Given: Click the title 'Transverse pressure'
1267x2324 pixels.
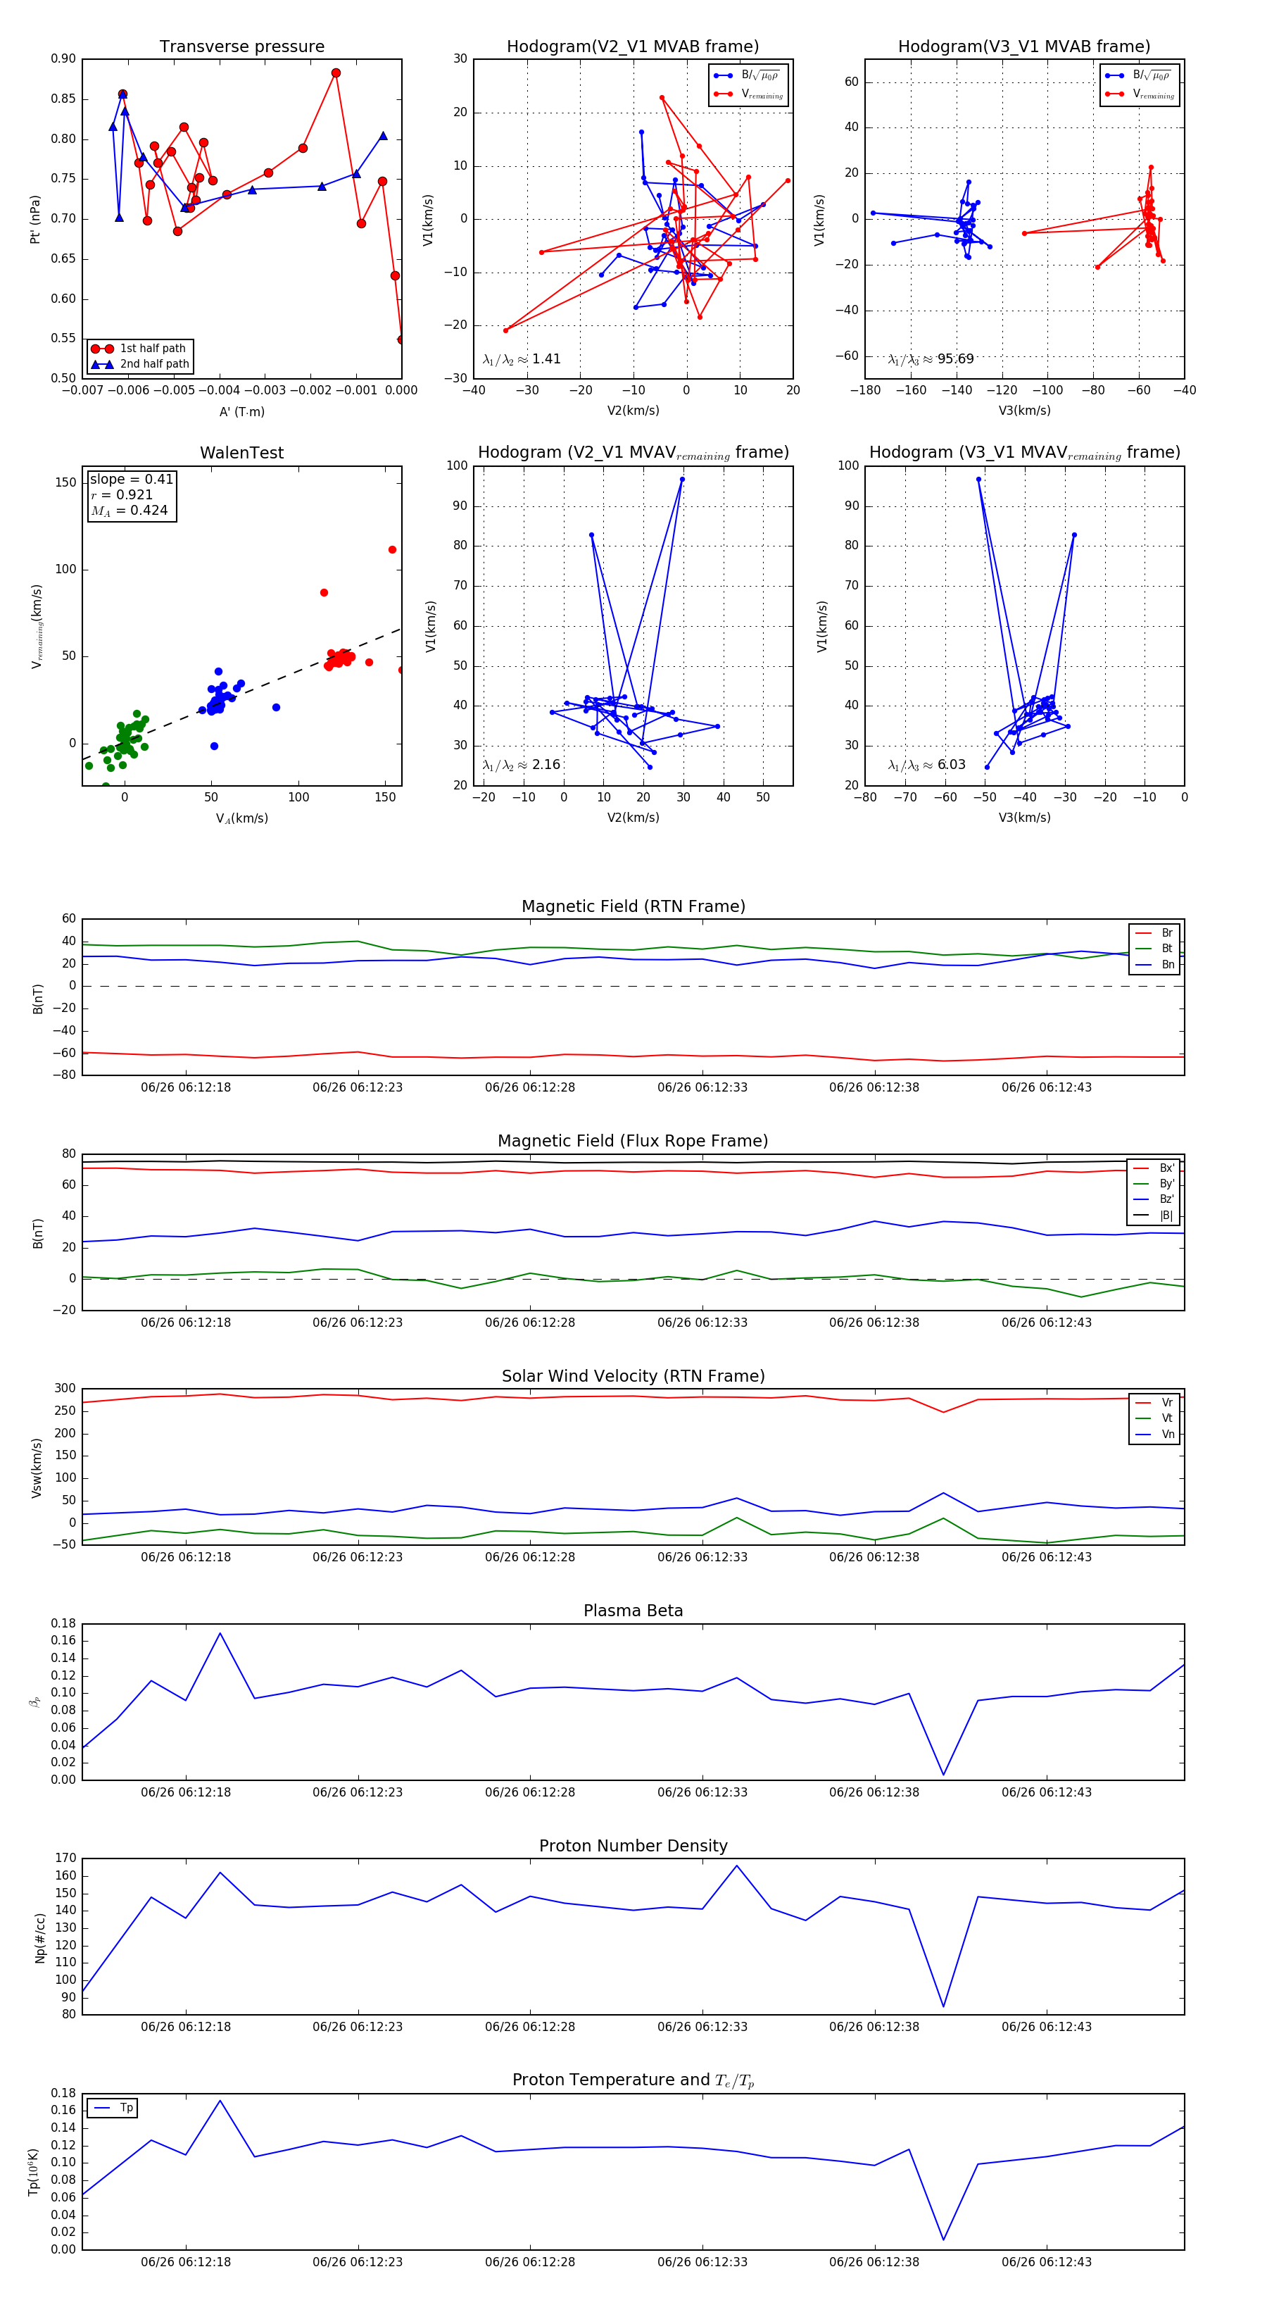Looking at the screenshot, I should tap(241, 47).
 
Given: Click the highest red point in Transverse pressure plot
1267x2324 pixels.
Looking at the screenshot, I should tap(336, 73).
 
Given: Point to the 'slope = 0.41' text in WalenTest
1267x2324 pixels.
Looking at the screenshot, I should tap(131, 479).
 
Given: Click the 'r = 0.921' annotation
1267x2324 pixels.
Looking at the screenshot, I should tap(122, 494).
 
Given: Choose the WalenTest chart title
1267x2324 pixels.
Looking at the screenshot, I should tap(241, 453).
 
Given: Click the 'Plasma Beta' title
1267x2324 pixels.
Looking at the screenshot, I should tap(633, 1611).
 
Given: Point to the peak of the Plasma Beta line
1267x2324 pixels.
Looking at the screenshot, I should tap(220, 1633).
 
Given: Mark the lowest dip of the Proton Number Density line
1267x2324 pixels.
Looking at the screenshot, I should tap(943, 2006).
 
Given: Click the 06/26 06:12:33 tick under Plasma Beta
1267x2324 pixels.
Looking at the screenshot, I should tap(702, 1792).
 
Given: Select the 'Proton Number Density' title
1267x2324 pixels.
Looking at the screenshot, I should tap(633, 1846).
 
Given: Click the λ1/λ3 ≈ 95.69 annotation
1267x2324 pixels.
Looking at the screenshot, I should tap(931, 359).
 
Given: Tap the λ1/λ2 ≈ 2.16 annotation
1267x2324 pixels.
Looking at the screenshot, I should tap(521, 765).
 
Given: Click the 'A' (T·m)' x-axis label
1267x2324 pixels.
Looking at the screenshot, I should tap(241, 411).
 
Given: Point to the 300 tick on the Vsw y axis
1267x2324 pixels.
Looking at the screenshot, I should tap(65, 1389).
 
